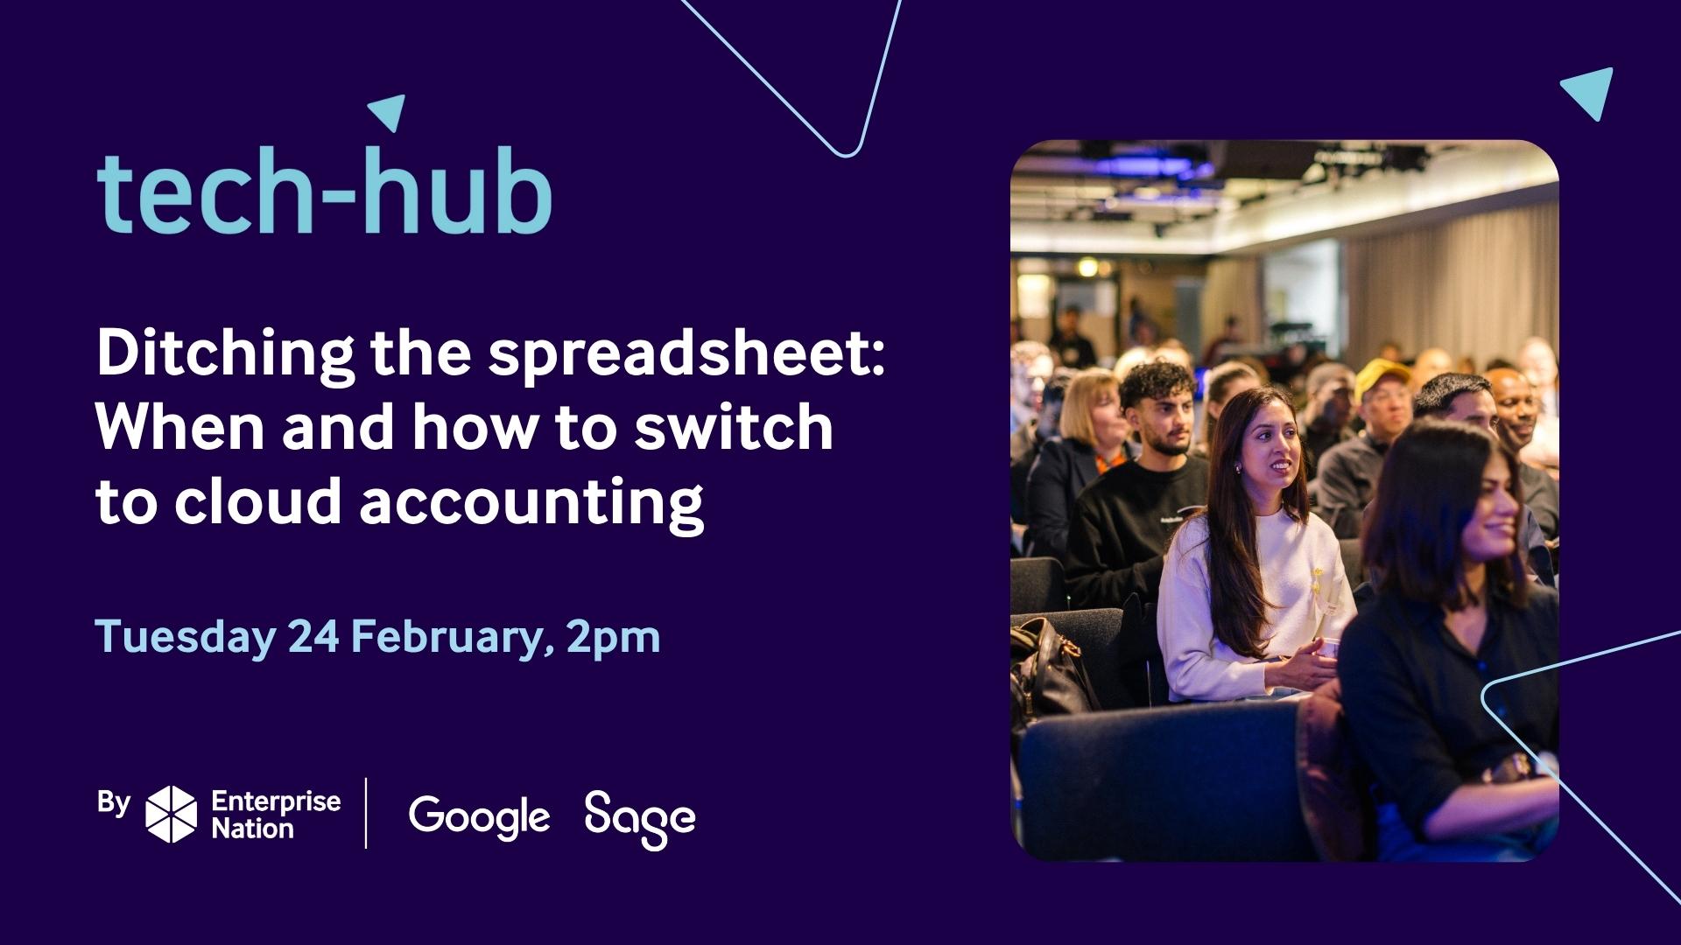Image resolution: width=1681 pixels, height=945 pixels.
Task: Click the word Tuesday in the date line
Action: (x=185, y=636)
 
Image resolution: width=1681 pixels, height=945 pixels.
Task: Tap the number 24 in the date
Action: (x=313, y=636)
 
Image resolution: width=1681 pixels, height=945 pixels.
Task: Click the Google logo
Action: (x=479, y=817)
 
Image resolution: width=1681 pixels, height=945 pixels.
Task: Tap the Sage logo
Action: (x=640, y=819)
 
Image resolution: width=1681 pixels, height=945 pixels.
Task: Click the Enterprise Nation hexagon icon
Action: (x=172, y=814)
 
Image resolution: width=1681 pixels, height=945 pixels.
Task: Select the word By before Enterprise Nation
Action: (x=114, y=802)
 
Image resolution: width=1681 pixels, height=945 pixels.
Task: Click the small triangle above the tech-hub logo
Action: (x=388, y=111)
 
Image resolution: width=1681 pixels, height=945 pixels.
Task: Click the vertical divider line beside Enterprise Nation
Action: (x=366, y=813)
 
